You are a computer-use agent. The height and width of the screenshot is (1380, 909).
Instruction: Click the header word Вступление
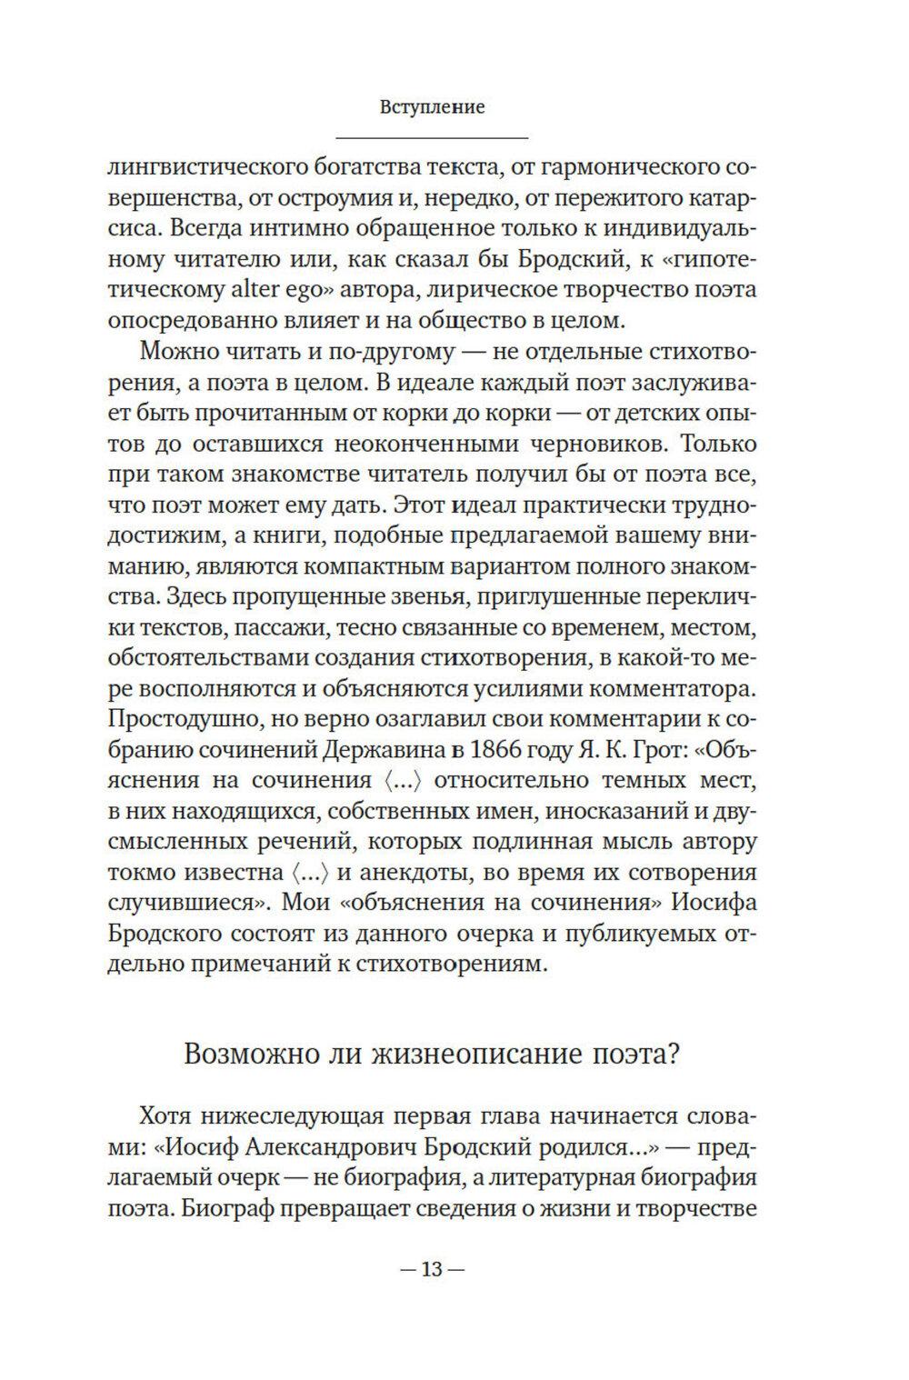click(x=432, y=107)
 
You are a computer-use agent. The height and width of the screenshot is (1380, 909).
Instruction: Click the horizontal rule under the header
click(x=432, y=138)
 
